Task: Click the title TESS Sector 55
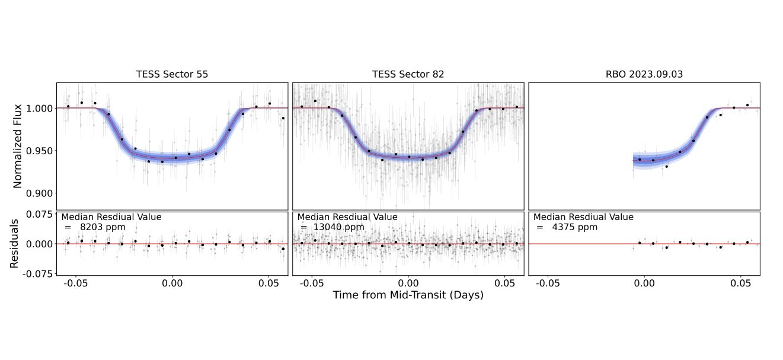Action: click(172, 75)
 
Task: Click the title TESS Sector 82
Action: click(408, 75)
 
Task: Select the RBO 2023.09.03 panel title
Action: click(644, 75)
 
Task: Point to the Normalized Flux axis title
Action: click(17, 146)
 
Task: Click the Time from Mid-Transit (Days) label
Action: click(408, 295)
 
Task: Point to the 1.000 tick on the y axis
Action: click(39, 108)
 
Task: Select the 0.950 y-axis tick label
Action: click(39, 151)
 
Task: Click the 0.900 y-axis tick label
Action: click(39, 193)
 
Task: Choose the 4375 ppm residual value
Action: click(574, 227)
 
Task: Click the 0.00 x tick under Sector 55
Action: click(172, 283)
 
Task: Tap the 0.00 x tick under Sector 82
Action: click(408, 283)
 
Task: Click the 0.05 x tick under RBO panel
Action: click(742, 283)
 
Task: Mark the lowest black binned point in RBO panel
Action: click(666, 167)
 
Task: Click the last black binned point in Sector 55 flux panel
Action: click(283, 118)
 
